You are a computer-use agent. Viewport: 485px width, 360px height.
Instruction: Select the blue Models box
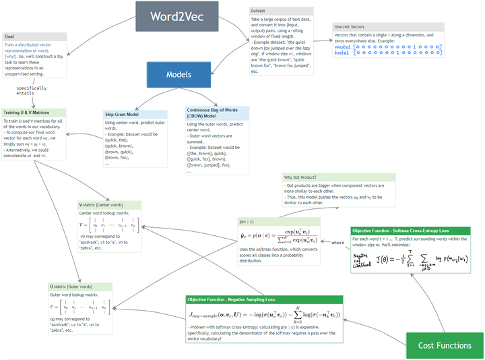(179, 75)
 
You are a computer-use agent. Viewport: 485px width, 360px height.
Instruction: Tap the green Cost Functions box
(445, 345)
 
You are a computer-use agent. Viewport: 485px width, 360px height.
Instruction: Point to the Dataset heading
(257, 11)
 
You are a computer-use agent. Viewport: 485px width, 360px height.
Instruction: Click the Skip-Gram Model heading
(125, 114)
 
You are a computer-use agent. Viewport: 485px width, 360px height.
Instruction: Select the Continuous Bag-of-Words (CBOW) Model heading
(216, 112)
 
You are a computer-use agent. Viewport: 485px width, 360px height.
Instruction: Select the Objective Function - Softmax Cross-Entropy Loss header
(402, 231)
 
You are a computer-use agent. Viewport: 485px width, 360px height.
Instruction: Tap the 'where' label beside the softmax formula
(337, 242)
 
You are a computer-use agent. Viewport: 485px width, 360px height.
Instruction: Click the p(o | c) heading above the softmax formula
(247, 220)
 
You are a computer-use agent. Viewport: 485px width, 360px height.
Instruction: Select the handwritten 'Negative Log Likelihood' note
(362, 260)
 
